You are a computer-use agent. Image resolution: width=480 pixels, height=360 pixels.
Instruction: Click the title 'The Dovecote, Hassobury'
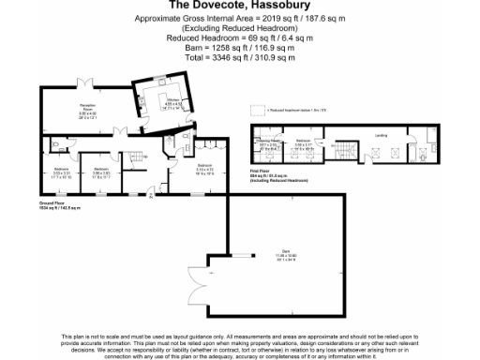(240, 5)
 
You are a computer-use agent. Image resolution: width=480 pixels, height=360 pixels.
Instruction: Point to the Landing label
(381, 136)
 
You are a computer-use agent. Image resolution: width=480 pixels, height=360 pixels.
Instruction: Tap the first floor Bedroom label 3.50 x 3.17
(303, 144)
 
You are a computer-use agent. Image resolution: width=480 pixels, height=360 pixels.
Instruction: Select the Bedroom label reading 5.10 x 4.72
(203, 171)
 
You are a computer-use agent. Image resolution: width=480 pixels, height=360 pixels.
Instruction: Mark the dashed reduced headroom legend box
(268, 111)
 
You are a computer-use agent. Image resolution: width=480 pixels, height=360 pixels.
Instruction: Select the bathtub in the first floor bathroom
(419, 153)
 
